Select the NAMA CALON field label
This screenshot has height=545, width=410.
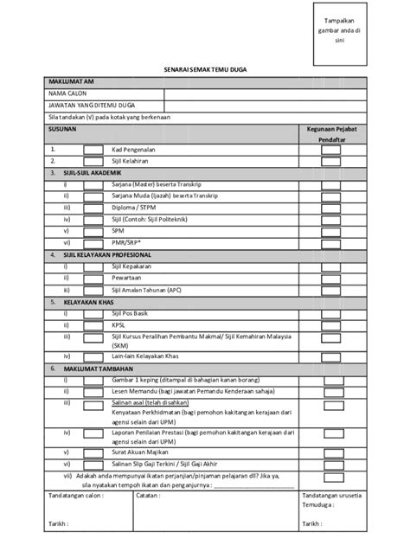pyautogui.click(x=67, y=92)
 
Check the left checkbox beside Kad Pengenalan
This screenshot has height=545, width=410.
pyautogui.click(x=92, y=149)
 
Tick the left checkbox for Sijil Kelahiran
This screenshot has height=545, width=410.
pyautogui.click(x=92, y=161)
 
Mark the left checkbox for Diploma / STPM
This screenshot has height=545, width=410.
pyautogui.click(x=92, y=208)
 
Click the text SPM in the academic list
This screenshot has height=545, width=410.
pyautogui.click(x=119, y=232)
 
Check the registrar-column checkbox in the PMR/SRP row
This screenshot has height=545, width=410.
pyautogui.click(x=331, y=244)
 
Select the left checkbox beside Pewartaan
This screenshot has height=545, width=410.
pyautogui.click(x=92, y=279)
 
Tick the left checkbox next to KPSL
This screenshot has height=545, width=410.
pyautogui.click(x=92, y=326)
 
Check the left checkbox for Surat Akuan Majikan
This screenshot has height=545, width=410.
pyautogui.click(x=92, y=451)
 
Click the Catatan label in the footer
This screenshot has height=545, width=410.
pyautogui.click(x=150, y=496)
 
